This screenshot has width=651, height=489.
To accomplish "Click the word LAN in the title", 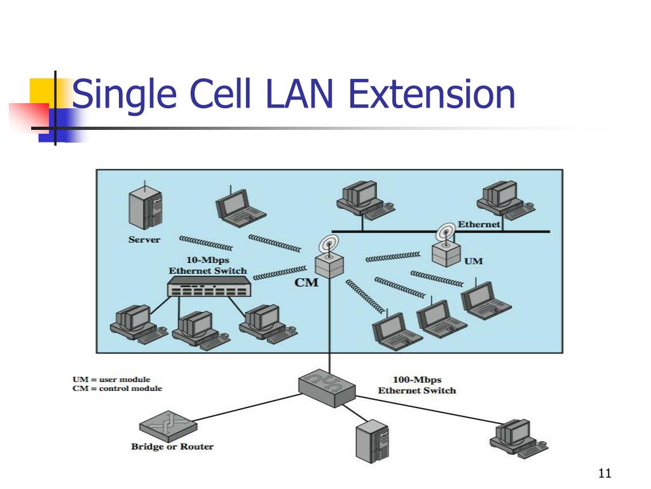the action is tap(299, 94).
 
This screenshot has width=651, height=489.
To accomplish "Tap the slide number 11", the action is tap(605, 473).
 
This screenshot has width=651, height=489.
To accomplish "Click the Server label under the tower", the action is tap(144, 239).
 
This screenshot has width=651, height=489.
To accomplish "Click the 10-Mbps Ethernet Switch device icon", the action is tap(209, 287).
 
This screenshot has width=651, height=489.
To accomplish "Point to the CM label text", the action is tap(306, 283).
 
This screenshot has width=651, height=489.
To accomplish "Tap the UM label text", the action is tap(473, 261).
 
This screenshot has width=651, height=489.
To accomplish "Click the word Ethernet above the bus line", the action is tap(479, 224).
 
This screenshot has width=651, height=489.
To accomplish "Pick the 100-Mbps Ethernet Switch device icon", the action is tap(327, 388).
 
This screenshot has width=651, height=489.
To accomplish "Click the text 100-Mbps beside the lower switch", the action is tap(417, 379).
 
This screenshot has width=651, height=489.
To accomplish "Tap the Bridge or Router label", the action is tap(172, 446).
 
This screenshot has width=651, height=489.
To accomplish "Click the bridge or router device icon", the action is tap(168, 427).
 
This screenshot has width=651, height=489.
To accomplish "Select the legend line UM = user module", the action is tap(111, 379).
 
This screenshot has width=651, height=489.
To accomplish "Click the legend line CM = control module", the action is tap(117, 388).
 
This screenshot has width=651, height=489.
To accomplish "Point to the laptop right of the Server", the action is tap(240, 207).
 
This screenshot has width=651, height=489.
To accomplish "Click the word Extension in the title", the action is tap(432, 94).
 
